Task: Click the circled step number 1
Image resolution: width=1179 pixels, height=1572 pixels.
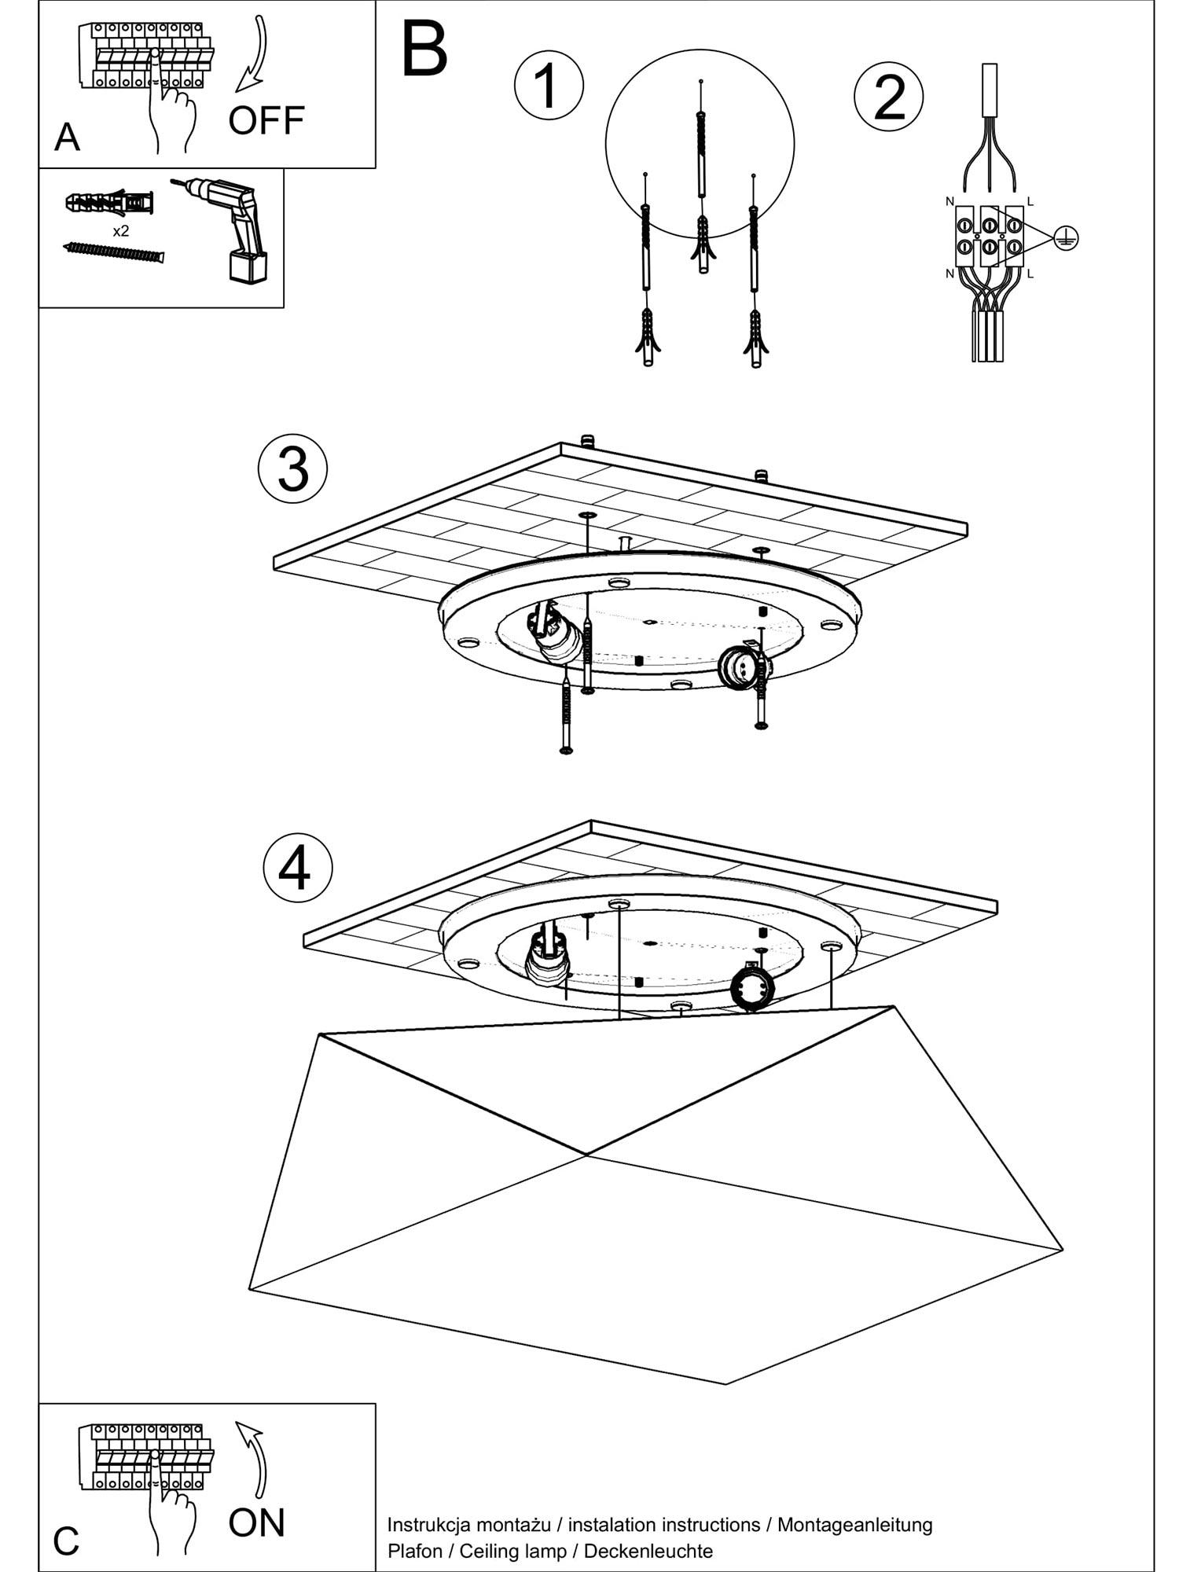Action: point(549,85)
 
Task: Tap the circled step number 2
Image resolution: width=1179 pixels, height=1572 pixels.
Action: point(888,97)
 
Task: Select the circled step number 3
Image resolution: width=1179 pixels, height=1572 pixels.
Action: point(292,469)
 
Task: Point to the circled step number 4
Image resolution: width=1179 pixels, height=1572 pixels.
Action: point(297,869)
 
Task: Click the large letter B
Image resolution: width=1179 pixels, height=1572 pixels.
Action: point(424,50)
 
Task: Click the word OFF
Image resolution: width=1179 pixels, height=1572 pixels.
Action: point(266,120)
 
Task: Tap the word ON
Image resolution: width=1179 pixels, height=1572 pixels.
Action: point(256,1522)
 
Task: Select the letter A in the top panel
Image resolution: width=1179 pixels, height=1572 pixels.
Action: point(67,138)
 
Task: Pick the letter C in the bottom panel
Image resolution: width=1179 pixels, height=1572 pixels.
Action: point(66,1541)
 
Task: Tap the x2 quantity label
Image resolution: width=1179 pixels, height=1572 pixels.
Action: point(120,231)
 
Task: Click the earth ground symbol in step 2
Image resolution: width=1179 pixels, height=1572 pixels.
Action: point(1066,237)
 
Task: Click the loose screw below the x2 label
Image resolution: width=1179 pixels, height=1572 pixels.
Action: point(113,252)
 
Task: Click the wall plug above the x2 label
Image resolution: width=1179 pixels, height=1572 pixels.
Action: point(109,203)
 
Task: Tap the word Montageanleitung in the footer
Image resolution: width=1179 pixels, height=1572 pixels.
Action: point(854,1525)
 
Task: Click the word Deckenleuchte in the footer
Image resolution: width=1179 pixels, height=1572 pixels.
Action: point(648,1551)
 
